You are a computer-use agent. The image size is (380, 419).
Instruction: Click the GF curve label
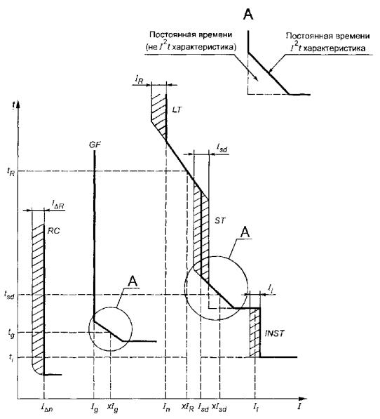[95, 145]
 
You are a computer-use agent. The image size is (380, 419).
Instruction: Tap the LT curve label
[177, 109]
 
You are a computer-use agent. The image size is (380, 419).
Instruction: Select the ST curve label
[220, 220]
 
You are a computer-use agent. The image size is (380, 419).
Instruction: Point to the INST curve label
[275, 333]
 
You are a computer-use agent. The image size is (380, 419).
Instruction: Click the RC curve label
[53, 231]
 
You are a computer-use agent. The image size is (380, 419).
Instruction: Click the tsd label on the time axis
[9, 295]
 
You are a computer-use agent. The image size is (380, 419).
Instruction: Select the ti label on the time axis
[11, 357]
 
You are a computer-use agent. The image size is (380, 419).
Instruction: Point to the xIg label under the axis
[112, 408]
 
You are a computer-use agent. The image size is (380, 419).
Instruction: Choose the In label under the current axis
[165, 407]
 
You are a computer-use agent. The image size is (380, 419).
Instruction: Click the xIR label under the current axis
[188, 407]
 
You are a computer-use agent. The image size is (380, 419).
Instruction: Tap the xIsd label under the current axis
[219, 407]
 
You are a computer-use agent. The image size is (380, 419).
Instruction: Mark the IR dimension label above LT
[139, 79]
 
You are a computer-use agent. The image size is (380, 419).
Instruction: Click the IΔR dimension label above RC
[57, 205]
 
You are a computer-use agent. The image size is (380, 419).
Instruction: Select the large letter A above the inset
[248, 14]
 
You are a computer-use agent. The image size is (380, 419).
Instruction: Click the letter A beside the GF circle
[133, 281]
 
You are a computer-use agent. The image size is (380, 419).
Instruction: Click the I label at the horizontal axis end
[300, 406]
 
